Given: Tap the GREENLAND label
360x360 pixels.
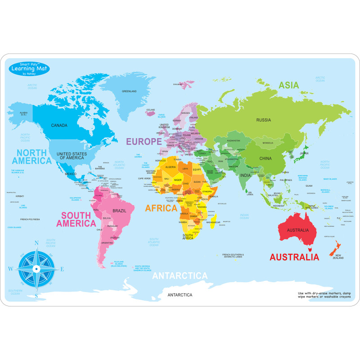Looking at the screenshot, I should pyautogui.click(x=129, y=91).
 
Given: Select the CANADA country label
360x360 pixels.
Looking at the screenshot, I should pyautogui.click(x=59, y=125).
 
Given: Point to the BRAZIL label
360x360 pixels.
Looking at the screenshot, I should pyautogui.click(x=119, y=211).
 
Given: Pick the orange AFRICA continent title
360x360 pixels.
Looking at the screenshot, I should pyautogui.click(x=161, y=208).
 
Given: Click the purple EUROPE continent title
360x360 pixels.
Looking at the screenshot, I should pyautogui.click(x=144, y=141).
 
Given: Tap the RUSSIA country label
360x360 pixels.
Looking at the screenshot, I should pyautogui.click(x=263, y=120).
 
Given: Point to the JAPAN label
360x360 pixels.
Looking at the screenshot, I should pyautogui.click(x=305, y=153).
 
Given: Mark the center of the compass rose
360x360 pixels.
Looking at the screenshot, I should pyautogui.click(x=36, y=269).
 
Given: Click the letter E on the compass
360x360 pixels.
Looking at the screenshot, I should pyautogui.click(x=62, y=269).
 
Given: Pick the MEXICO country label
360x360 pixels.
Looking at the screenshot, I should pyautogui.click(x=70, y=174).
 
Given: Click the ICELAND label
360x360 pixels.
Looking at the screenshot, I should pyautogui.click(x=150, y=110).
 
